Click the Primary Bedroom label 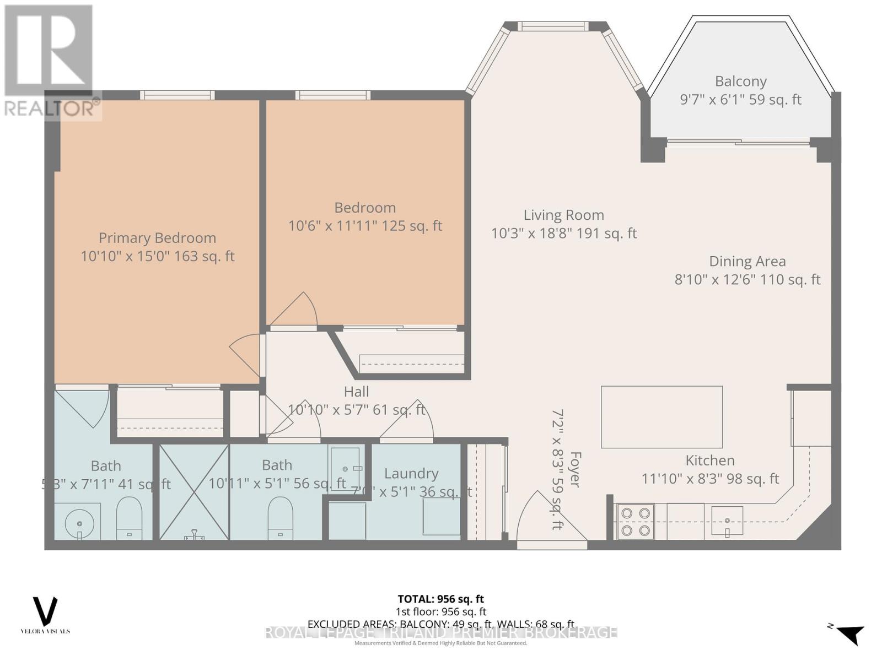157,238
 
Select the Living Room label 563,215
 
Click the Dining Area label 747,261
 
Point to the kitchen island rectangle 661,417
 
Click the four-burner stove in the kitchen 635,522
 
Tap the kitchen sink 727,521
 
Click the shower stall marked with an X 194,492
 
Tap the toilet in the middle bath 280,518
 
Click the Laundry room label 411,474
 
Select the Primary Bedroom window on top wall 177,95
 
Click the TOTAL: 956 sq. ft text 440,599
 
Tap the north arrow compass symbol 849,633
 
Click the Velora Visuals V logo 45,611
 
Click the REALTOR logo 50,61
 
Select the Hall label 356,392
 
